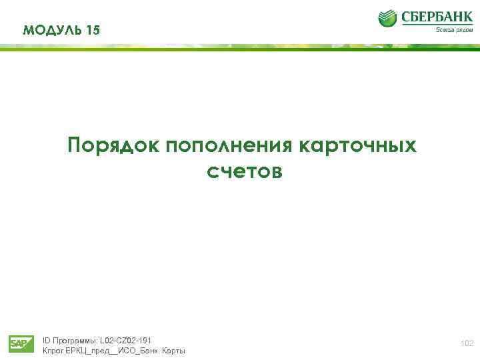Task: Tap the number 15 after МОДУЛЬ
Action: coord(93,30)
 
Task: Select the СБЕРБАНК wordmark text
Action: coord(437,17)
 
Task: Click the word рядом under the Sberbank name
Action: coord(463,30)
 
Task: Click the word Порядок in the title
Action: coord(113,145)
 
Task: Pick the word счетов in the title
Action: coord(244,172)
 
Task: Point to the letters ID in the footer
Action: coord(46,340)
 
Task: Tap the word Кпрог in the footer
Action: coord(53,351)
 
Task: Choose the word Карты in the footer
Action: coord(173,351)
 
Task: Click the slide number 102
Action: coord(467,343)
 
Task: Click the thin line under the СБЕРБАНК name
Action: coord(437,25)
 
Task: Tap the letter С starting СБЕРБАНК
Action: coord(406,17)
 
